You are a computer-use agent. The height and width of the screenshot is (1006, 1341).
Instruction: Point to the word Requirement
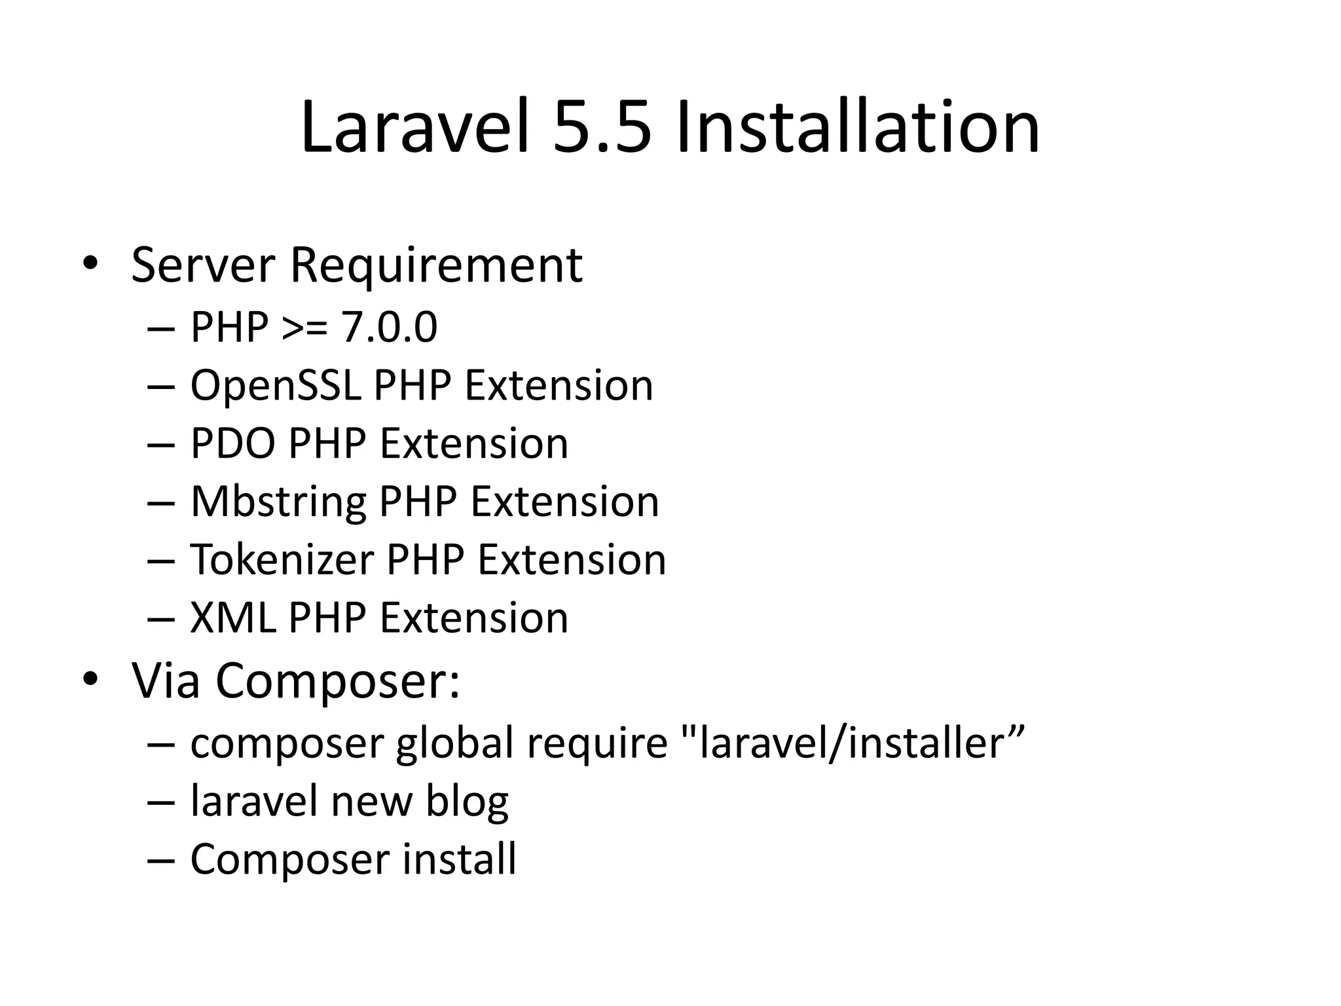coord(435,265)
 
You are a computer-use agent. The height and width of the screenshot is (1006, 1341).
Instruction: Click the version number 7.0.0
coord(390,327)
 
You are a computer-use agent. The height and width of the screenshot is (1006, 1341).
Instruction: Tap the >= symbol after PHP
coord(304,327)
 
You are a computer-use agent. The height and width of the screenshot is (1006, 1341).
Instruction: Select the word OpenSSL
coord(275,385)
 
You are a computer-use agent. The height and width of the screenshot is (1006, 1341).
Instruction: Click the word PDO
coord(232,443)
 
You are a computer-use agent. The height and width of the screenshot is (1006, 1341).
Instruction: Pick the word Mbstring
coord(278,502)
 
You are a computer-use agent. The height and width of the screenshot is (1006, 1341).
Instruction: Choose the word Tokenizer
coord(282,560)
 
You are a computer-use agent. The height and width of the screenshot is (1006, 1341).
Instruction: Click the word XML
coord(232,618)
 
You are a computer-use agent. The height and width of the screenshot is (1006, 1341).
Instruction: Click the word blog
coord(467,802)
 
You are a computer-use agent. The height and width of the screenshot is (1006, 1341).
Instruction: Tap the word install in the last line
coord(459,859)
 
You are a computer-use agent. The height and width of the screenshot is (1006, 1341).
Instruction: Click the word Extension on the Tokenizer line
coord(572,560)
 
